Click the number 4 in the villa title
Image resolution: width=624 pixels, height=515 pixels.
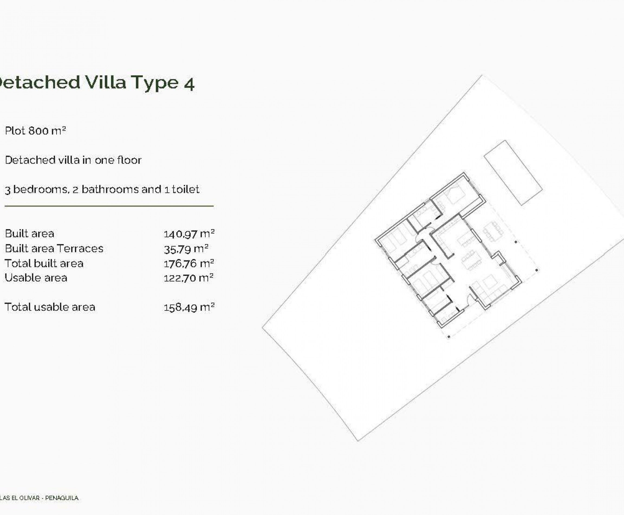coord(189,83)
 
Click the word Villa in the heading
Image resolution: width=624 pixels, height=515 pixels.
coord(106,82)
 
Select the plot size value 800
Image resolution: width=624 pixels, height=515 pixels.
coord(38,131)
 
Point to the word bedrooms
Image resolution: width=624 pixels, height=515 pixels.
coord(40,189)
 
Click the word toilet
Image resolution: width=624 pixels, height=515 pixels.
coord(186,189)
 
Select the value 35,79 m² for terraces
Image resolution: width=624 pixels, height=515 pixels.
coord(186,249)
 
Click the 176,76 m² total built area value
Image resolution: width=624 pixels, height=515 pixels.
coord(189,263)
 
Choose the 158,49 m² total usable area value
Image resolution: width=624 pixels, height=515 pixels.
coord(189,307)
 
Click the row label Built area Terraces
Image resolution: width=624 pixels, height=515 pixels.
coord(54,249)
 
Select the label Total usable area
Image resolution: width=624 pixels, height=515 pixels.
coord(50,307)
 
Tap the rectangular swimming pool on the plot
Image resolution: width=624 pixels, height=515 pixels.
coord(513,173)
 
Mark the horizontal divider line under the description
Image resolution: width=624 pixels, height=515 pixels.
coord(109,206)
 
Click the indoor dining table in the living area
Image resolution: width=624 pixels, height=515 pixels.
coord(470,260)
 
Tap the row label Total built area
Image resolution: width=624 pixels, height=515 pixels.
coord(44,263)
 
